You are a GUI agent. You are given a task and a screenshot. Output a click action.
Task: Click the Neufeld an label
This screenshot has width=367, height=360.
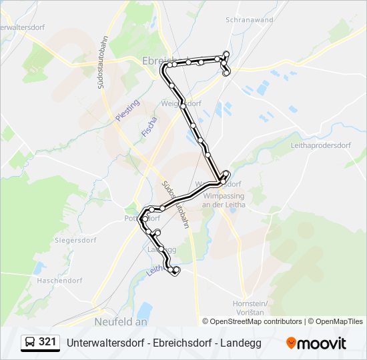(121, 321)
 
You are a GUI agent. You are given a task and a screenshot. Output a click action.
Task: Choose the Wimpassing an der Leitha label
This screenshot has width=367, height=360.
(224, 201)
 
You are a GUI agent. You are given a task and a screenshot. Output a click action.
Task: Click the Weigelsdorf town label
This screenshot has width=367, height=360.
(181, 103)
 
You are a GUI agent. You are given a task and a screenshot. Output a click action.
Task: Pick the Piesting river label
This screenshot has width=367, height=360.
(127, 110)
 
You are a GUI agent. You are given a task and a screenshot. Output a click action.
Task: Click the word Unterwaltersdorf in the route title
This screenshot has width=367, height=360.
(104, 343)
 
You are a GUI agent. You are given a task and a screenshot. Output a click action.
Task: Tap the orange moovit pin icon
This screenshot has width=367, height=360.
(291, 343)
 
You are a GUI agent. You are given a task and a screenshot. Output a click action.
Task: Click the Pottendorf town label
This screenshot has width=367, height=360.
(142, 218)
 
